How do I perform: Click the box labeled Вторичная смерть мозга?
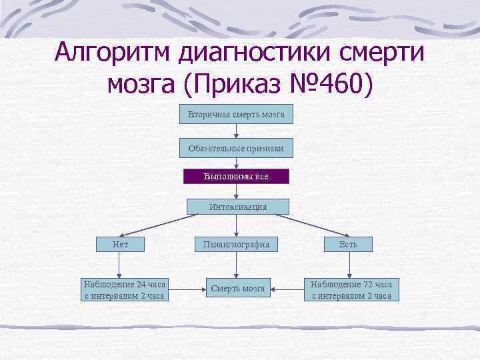(x=237, y=115)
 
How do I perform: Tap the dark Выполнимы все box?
(x=237, y=177)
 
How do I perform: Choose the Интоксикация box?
(x=237, y=207)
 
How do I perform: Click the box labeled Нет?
(x=121, y=245)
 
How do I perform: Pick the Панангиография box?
(x=237, y=245)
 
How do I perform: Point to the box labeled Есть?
(x=348, y=245)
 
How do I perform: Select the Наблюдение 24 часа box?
(x=125, y=289)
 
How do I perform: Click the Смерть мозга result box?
(x=237, y=289)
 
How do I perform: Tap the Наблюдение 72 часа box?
(x=351, y=289)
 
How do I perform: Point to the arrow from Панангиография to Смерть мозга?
(x=237, y=265)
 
